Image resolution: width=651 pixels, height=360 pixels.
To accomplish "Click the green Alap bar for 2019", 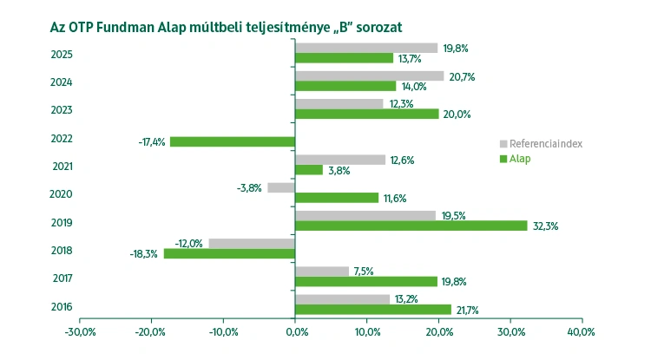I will tap(411, 226).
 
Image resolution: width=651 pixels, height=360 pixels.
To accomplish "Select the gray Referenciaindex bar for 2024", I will tap(370, 75).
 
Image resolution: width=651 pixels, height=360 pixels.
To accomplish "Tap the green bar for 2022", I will tap(233, 141).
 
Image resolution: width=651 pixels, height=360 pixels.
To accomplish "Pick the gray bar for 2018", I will tap(252, 243).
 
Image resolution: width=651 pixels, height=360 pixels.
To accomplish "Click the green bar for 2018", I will tap(229, 253).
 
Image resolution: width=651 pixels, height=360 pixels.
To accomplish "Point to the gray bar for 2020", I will tap(281, 187).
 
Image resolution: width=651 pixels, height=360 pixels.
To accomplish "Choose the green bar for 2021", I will tap(309, 170).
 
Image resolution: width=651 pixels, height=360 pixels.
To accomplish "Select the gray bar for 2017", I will tap(322, 271).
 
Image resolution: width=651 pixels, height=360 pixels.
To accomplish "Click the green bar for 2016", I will tap(373, 310).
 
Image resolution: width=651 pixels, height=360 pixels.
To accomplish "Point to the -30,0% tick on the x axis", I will tap(80, 332).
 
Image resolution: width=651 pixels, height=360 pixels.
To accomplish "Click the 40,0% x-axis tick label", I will tap(581, 332).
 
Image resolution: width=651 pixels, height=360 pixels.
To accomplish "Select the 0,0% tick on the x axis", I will tap(295, 332).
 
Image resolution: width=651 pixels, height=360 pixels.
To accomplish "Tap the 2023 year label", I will tap(62, 110).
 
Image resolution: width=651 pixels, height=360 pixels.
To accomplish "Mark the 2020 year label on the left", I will tap(62, 194).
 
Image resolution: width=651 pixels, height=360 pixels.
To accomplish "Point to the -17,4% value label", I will tap(152, 141).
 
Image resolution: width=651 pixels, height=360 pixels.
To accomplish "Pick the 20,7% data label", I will tap(462, 76).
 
